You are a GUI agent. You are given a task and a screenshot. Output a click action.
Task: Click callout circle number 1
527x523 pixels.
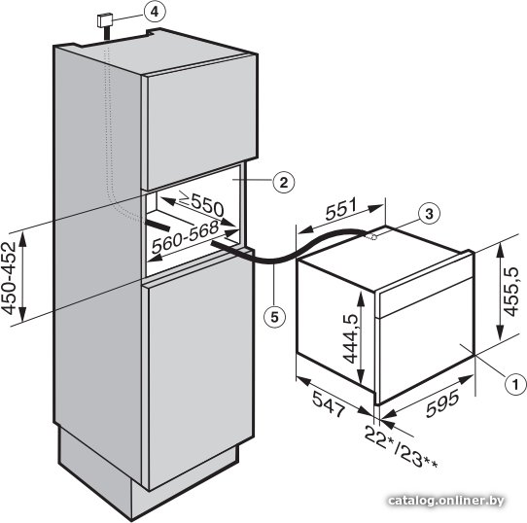pyautogui.click(x=516, y=383)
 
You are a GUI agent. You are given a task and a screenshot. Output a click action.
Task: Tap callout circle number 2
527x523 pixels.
pyautogui.click(x=284, y=183)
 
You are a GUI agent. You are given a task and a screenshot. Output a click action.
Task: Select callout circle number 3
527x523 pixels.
pyautogui.click(x=429, y=214)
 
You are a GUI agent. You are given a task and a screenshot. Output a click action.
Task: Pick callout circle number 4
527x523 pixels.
pyautogui.click(x=154, y=12)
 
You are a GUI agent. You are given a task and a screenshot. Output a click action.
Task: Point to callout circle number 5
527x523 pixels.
pyautogui.click(x=274, y=317)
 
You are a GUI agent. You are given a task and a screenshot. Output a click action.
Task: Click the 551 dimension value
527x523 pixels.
pyautogui.click(x=341, y=209)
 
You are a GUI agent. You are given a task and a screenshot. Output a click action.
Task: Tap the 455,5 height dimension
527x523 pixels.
pyautogui.click(x=510, y=292)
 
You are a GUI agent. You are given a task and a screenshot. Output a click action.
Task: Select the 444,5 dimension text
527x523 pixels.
pyautogui.click(x=350, y=338)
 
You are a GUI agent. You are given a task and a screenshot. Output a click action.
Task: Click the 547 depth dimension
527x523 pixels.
pyautogui.click(x=329, y=404)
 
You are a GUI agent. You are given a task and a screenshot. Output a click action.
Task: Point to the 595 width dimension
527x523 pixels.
pyautogui.click(x=442, y=403)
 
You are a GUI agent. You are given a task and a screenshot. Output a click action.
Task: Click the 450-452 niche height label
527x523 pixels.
pyautogui.click(x=9, y=278)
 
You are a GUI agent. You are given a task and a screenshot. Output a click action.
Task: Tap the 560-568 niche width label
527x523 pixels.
pyautogui.click(x=185, y=237)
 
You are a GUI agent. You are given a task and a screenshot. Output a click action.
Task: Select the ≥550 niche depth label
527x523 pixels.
pyautogui.click(x=200, y=203)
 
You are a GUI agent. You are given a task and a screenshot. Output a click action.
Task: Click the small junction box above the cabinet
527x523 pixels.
pyautogui.click(x=105, y=20)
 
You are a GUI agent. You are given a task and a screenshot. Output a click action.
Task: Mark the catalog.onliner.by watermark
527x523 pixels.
pyautogui.click(x=446, y=502)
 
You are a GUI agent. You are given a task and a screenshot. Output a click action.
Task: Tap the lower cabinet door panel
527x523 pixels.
pyautogui.click(x=199, y=372)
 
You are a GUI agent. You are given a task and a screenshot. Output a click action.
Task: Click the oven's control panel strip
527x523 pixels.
pyautogui.click(x=425, y=296)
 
